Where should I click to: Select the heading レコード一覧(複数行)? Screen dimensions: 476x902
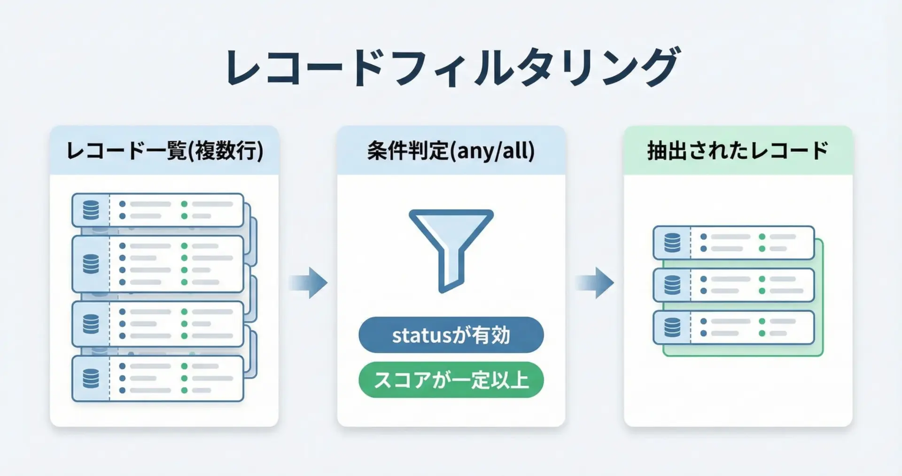point(164,151)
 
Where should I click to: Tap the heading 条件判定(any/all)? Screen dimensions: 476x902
point(451,151)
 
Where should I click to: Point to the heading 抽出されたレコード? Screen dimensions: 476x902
point(738,151)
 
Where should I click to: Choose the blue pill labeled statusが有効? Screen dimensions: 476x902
point(451,335)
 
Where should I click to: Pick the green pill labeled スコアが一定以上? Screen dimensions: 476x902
point(451,380)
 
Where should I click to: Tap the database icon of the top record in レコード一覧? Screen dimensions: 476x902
point(91,210)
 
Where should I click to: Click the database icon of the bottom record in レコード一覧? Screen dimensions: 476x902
point(91,378)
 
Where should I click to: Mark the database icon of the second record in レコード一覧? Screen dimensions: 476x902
point(91,264)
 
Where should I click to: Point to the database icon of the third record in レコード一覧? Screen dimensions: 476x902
point(91,324)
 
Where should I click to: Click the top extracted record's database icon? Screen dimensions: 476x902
point(672,243)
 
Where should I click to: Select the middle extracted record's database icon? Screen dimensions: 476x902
point(672,285)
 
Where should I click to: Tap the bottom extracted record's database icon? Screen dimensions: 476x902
point(672,327)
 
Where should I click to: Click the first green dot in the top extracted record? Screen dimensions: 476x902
point(762,237)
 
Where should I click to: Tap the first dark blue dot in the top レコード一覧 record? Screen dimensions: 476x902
point(123,204)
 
